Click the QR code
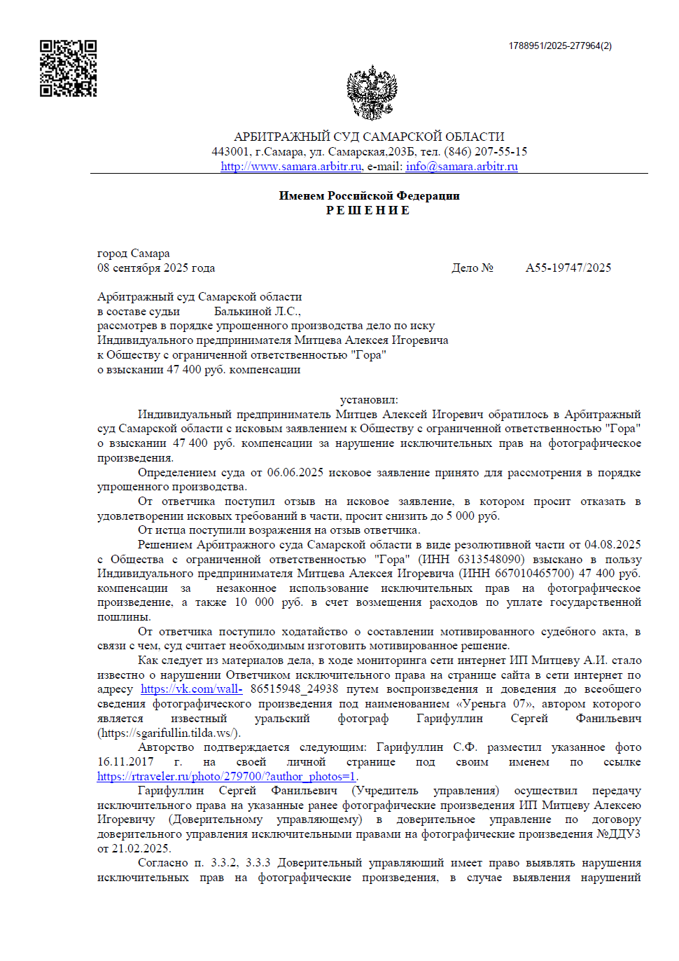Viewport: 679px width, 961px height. (68, 68)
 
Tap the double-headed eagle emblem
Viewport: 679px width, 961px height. (372, 92)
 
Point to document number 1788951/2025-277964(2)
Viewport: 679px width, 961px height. (559, 46)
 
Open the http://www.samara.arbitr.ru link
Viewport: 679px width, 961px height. (290, 167)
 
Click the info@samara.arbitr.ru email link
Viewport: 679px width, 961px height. (461, 167)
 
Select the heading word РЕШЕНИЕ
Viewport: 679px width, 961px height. (368, 210)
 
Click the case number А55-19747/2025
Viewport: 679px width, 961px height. (568, 268)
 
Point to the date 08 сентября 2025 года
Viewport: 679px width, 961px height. (156, 268)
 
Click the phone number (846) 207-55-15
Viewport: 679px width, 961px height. (485, 151)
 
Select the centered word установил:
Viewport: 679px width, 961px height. (369, 400)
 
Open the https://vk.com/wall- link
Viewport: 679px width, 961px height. (191, 689)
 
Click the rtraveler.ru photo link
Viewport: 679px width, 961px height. (227, 776)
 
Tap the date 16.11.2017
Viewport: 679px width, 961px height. (125, 762)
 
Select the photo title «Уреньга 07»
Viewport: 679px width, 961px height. (495, 704)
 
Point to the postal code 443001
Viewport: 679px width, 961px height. (230, 151)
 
